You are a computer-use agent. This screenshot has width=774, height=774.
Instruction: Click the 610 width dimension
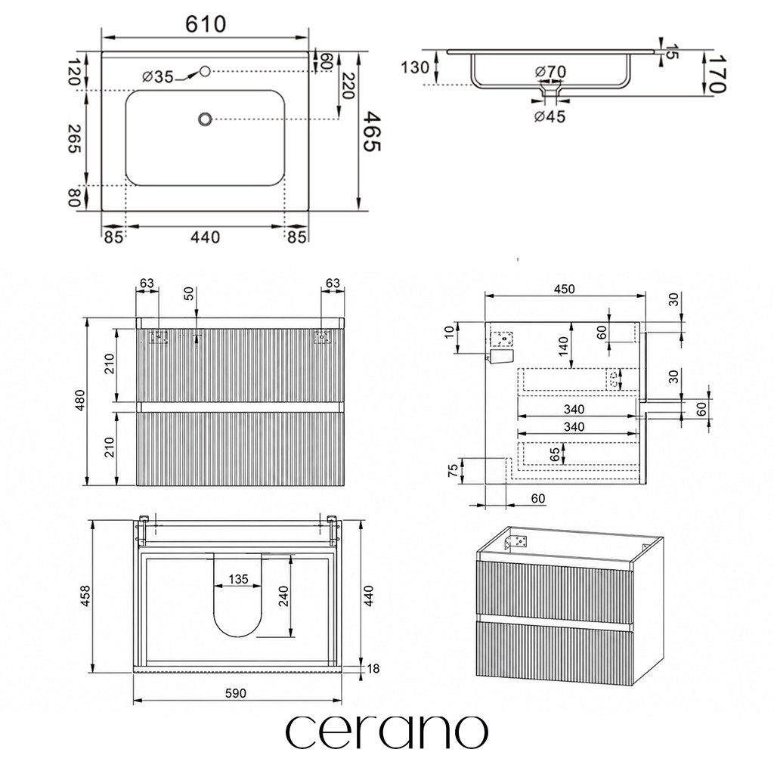pos(206,23)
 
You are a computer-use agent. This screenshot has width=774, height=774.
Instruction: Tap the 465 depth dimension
pos(372,132)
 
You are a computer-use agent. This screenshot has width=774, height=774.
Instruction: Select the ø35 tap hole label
pos(157,76)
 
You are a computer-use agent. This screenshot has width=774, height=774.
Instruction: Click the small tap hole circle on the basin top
pos(205,72)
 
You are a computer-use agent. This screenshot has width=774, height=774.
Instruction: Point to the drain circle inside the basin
pos(205,119)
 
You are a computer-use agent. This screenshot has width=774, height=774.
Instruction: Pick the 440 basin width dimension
pos(206,237)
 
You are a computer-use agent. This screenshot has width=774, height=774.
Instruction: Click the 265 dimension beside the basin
pos(75,139)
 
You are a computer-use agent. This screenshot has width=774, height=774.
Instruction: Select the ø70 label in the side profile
pos(551,72)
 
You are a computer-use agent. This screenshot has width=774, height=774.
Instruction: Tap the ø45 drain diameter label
pos(550,117)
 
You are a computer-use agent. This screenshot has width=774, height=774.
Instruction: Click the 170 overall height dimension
pos(717,73)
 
